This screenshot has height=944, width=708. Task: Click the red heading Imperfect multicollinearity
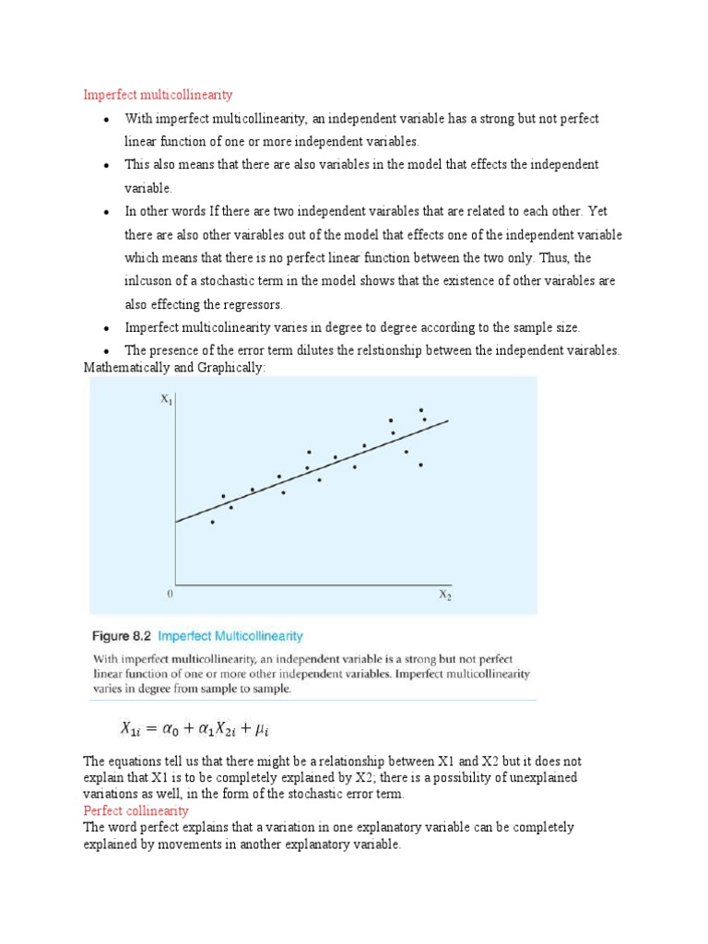(x=158, y=95)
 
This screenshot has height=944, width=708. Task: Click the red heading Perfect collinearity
(x=136, y=810)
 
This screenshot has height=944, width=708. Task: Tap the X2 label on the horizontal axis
(x=444, y=596)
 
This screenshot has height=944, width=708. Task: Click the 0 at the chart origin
(x=170, y=595)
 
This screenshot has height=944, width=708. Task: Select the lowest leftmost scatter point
(x=212, y=522)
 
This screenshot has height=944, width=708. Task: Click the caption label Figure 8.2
(x=122, y=636)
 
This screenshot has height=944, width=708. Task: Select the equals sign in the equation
(x=149, y=729)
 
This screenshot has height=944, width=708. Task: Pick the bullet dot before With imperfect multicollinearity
(x=107, y=120)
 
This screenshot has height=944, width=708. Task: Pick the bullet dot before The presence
(x=107, y=351)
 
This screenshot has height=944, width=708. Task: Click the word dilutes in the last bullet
(x=302, y=350)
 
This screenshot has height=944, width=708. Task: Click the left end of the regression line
(x=176, y=522)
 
